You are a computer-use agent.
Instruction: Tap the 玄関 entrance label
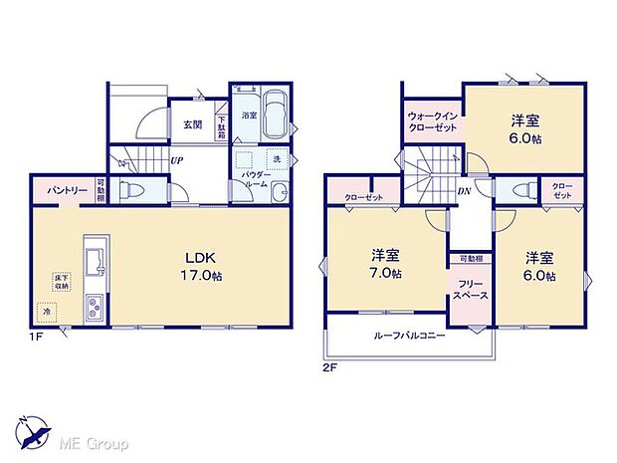[192, 124]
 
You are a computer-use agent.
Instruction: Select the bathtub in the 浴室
[273, 115]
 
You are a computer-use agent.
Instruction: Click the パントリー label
[62, 188]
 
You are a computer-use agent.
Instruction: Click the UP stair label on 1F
[176, 159]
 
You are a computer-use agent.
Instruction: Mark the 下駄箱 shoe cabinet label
[221, 126]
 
